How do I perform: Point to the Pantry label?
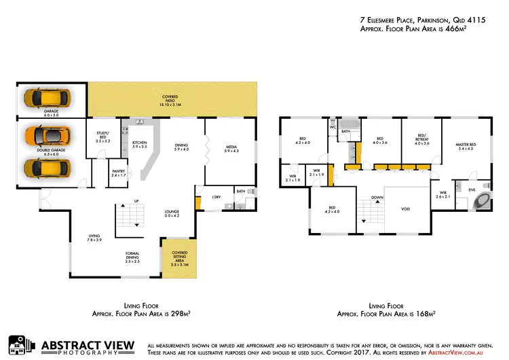coord(118,174)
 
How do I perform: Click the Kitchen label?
coord(139,144)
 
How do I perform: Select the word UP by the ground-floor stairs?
coord(136,201)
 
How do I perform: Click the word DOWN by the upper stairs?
coord(378,198)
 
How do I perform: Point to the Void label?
coord(405,209)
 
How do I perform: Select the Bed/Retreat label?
coord(422,141)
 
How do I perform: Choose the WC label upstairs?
coord(333,127)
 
